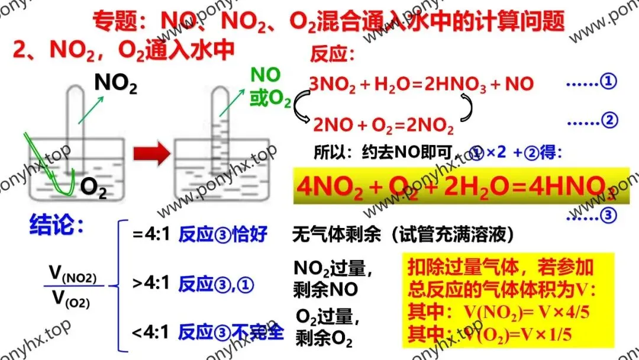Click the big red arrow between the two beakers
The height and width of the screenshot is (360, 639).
[150, 155]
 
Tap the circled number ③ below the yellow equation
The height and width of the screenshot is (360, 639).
[609, 216]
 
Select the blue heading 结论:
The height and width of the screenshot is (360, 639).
[57, 226]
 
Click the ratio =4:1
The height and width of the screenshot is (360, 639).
[151, 235]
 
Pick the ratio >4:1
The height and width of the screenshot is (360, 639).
[151, 284]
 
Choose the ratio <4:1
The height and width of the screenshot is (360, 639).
[151, 332]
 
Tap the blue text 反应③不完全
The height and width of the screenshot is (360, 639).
[231, 332]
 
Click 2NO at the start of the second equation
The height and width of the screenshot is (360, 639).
[329, 126]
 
